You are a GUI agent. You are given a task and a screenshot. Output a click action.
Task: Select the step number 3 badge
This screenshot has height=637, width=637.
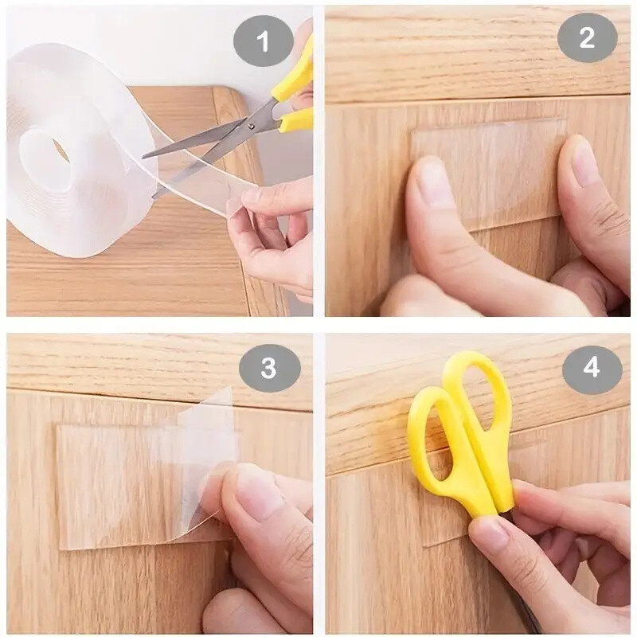point(269,367)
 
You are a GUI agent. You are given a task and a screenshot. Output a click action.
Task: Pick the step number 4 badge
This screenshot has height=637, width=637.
point(591,367)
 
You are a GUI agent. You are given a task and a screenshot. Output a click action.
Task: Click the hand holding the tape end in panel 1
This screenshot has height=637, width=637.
point(275,235)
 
